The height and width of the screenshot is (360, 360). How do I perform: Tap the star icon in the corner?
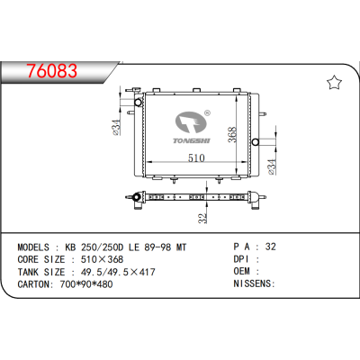(334, 84)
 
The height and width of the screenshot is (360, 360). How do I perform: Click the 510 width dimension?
(196, 158)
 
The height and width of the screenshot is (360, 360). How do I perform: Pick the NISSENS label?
(254, 283)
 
